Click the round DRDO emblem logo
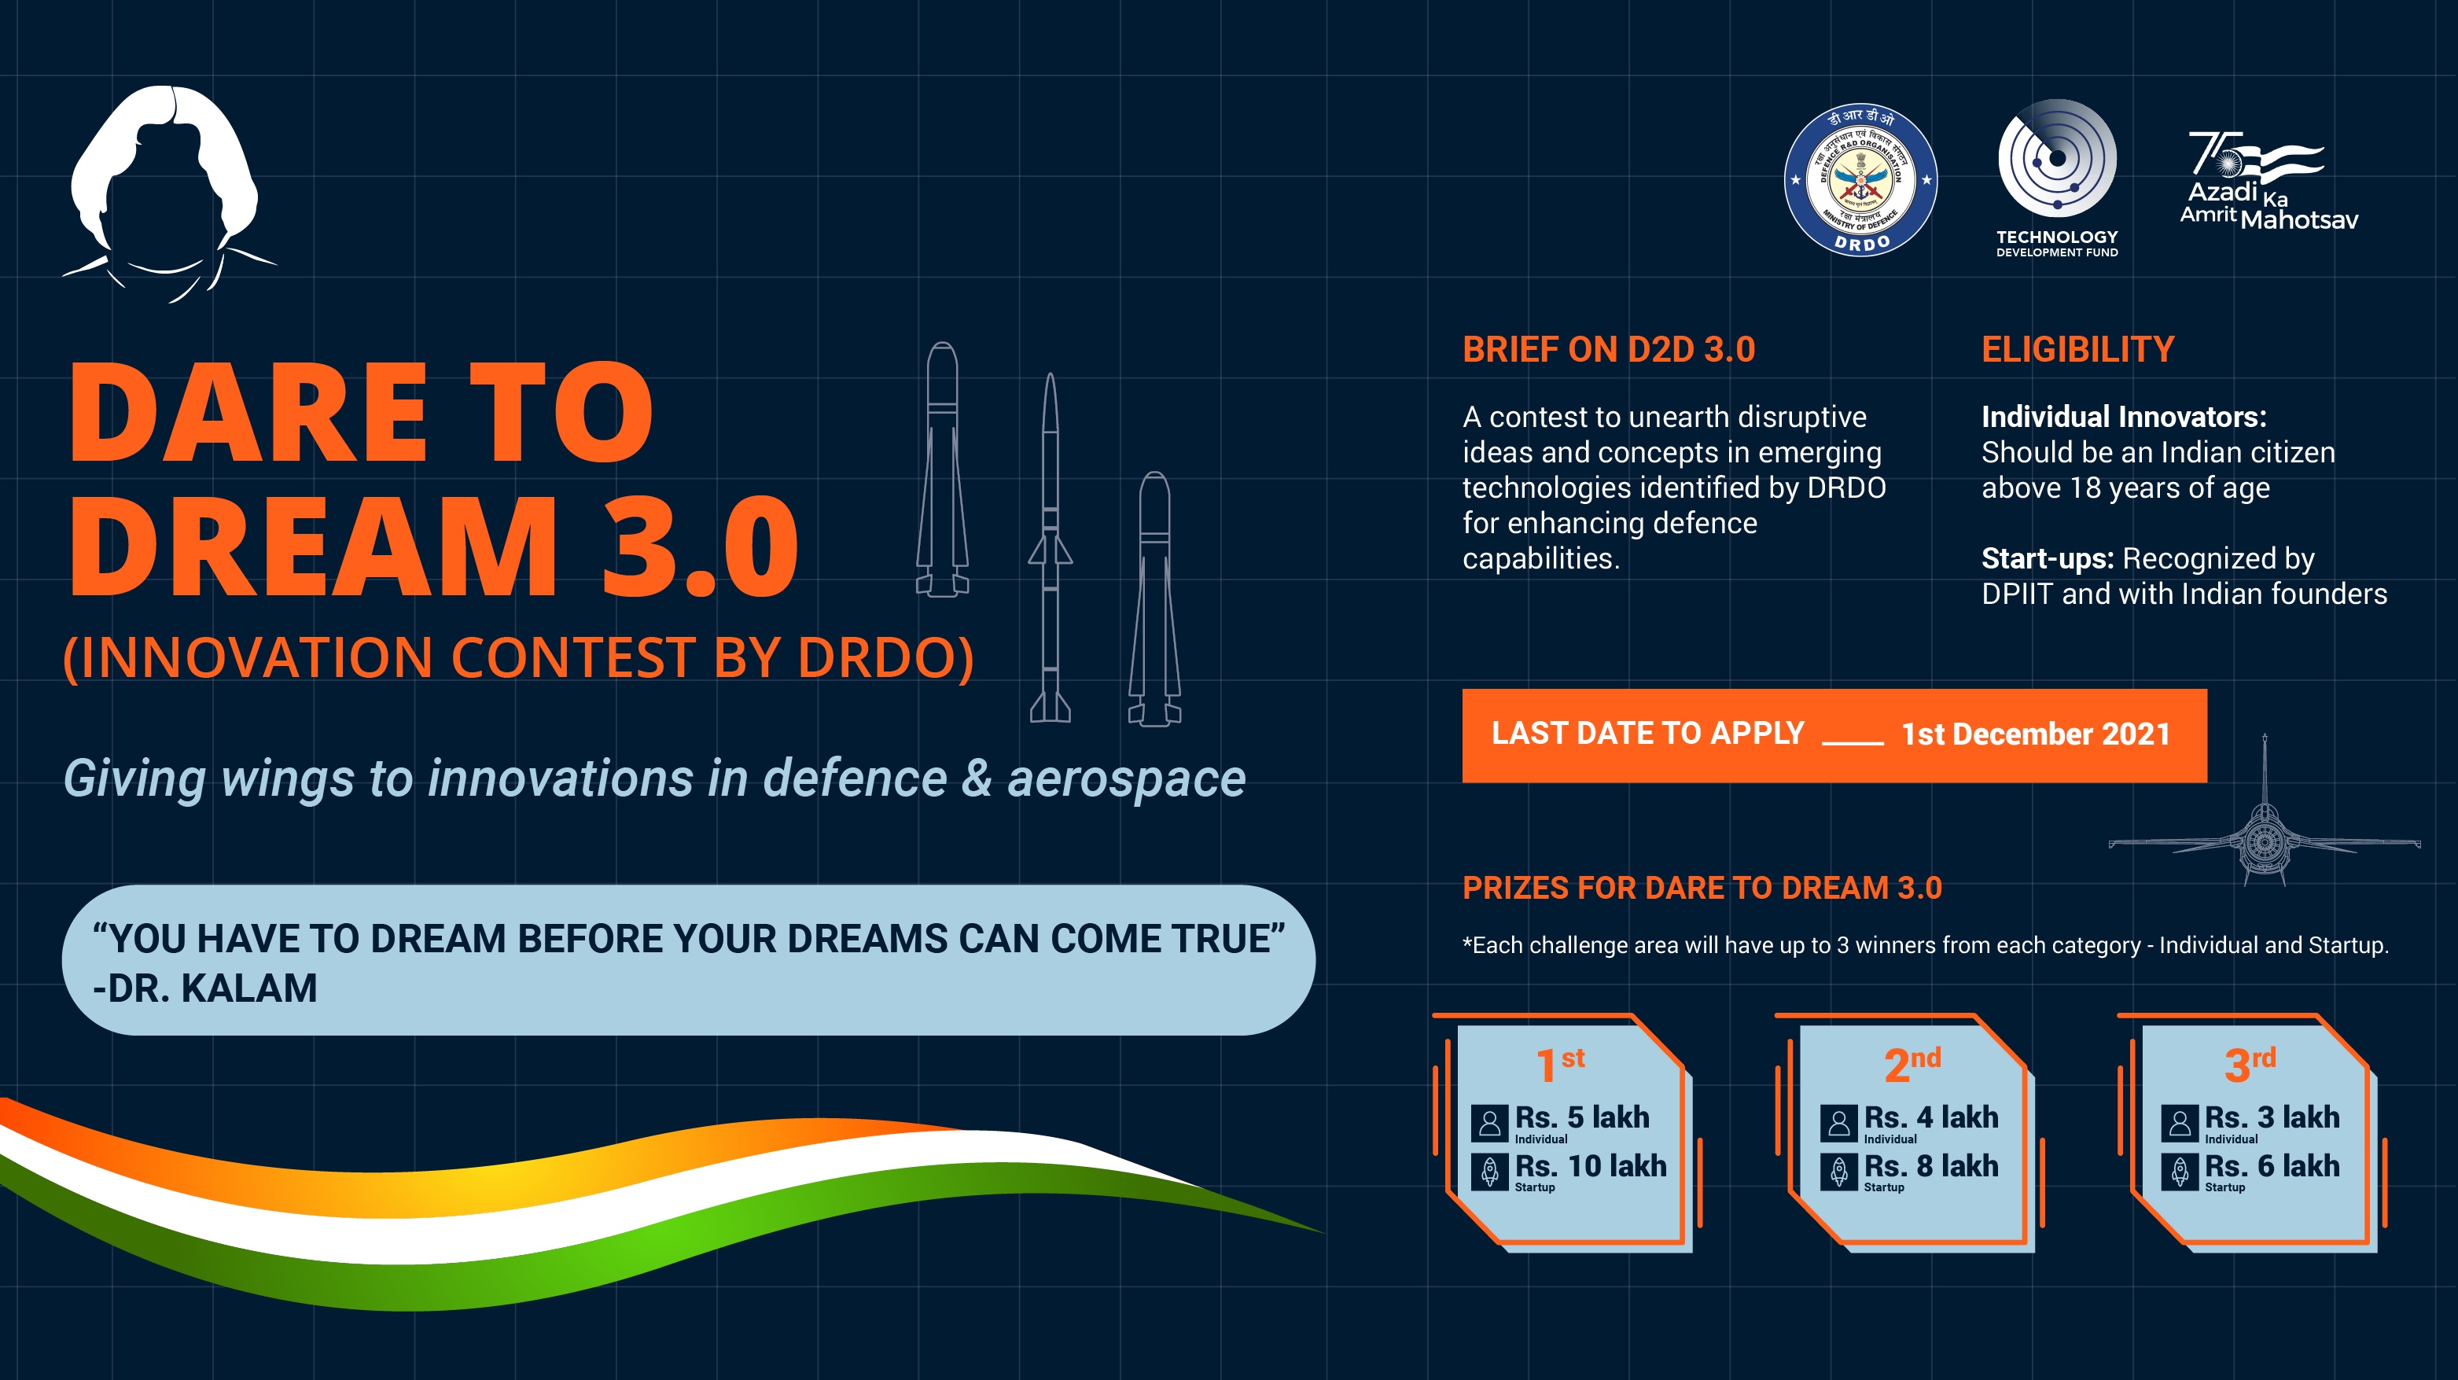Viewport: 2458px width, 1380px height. pyautogui.click(x=1860, y=179)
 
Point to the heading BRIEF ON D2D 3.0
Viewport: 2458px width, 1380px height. pyautogui.click(x=1609, y=350)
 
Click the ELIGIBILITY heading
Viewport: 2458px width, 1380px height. pyautogui.click(x=2078, y=350)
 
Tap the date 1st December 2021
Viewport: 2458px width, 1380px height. pyautogui.click(x=2035, y=734)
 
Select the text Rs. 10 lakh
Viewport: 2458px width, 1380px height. pyautogui.click(x=1591, y=1165)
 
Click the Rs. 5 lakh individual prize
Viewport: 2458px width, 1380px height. pyautogui.click(x=1582, y=1117)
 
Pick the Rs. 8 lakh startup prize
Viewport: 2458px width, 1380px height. pyautogui.click(x=1931, y=1165)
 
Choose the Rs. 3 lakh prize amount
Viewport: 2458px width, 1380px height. pyautogui.click(x=2272, y=1117)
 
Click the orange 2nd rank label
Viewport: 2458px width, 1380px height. pyautogui.click(x=1912, y=1063)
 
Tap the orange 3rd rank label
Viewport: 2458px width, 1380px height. pyautogui.click(x=2250, y=1063)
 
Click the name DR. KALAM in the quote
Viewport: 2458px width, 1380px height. pyautogui.click(x=212, y=988)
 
